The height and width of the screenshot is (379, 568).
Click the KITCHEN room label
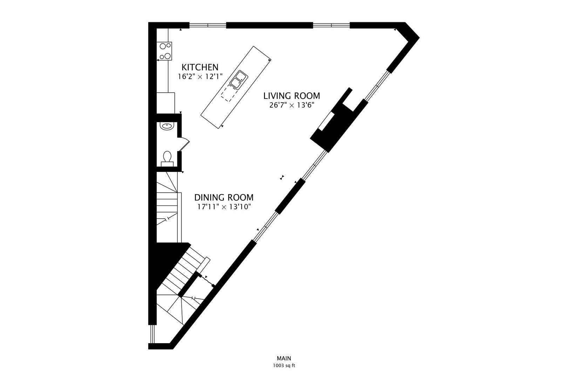tap(200, 67)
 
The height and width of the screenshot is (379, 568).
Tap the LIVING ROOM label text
tap(291, 95)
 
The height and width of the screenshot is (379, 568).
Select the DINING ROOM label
tap(224, 197)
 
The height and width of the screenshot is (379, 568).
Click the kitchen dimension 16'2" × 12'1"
tap(200, 77)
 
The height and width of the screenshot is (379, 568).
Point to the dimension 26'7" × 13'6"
tap(291, 105)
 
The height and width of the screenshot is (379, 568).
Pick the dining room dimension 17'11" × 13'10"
tap(224, 207)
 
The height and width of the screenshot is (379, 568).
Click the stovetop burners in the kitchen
tap(165, 51)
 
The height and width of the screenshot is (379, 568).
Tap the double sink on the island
tap(238, 79)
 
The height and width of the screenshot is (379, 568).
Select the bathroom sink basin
tap(166, 126)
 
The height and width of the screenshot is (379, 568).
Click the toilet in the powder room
tap(167, 158)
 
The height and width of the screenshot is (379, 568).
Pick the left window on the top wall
tap(208, 25)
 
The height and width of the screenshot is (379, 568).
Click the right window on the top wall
tap(331, 25)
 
